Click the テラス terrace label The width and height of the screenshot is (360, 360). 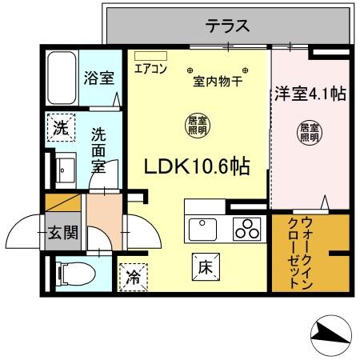228,26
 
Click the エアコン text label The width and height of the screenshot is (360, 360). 150,69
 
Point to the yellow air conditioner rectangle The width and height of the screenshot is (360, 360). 150,56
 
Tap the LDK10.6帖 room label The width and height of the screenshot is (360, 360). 196,166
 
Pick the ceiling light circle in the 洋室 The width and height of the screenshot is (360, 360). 309,131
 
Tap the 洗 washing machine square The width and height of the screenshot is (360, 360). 61,126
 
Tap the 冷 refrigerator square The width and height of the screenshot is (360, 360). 132,278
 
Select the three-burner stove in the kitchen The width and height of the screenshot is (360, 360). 248,229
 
